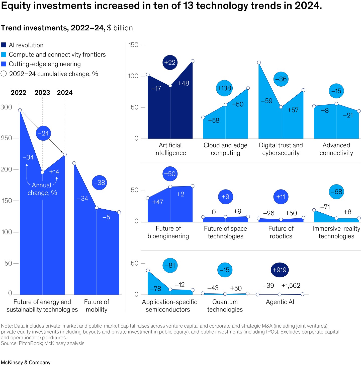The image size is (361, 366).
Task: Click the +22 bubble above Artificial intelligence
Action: pos(170,62)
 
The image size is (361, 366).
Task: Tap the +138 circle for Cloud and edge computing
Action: pos(224,88)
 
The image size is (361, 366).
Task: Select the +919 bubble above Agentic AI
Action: pos(280,270)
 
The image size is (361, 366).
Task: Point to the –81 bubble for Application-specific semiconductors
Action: pos(170,265)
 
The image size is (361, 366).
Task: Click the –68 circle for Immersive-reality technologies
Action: pos(336,192)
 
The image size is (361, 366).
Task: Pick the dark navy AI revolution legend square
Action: pos(4,45)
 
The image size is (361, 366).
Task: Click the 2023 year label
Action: pos(42,93)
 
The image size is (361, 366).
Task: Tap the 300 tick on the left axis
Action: pos(6,107)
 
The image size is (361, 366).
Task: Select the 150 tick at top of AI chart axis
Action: pos(133,45)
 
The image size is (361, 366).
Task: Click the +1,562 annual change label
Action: pos(291,285)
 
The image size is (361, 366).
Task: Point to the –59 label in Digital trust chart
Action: pos(266,101)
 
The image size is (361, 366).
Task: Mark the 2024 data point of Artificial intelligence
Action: pos(193,61)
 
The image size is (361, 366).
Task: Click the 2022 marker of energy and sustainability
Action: pos(20,110)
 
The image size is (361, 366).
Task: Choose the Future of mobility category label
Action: pos(97,306)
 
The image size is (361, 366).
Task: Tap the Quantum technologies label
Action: pos(225,306)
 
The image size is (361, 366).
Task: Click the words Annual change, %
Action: pos(42,189)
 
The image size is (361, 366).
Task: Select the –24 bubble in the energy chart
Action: pos(43,133)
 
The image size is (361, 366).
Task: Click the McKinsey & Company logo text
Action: pos(26,362)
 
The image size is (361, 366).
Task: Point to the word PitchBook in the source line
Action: pos(30,343)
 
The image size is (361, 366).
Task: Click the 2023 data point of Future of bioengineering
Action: pos(170,187)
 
